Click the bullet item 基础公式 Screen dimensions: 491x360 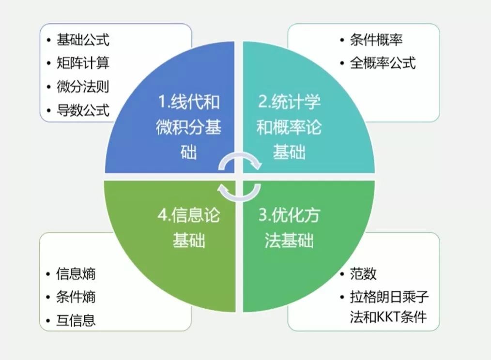click(83, 39)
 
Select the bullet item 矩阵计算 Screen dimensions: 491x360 click(83, 63)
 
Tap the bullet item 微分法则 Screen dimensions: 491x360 click(83, 87)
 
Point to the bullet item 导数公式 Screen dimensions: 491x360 click(83, 110)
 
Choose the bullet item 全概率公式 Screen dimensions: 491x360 click(383, 63)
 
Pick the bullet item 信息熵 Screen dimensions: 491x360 click(76, 273)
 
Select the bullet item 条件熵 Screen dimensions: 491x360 click(76, 297)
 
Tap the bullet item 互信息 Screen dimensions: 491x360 click(76, 320)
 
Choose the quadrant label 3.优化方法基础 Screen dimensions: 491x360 click(289, 228)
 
